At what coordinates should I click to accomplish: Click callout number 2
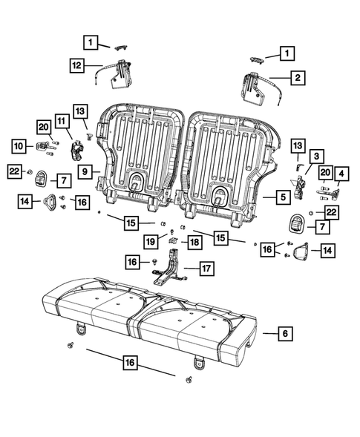[297, 76]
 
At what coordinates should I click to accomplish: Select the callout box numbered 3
[316, 156]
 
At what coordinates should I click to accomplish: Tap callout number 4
[341, 175]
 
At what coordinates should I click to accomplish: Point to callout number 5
[284, 197]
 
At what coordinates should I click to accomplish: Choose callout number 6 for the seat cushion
[284, 335]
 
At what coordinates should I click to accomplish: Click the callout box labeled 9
[86, 171]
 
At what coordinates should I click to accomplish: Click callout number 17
[206, 268]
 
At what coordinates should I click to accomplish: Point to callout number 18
[194, 242]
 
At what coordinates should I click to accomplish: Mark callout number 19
[150, 241]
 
